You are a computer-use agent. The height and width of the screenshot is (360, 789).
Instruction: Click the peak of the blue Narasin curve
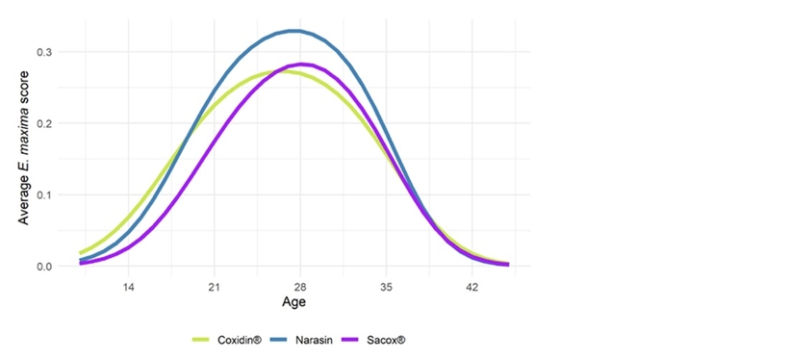pos(297,31)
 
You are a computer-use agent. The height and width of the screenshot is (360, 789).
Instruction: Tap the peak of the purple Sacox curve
pos(301,64)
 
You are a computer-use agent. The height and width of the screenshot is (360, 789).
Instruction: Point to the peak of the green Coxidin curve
pos(282,71)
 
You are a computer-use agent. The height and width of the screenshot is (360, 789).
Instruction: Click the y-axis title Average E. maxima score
pos(24,147)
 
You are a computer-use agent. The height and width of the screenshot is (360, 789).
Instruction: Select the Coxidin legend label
pos(240,340)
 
